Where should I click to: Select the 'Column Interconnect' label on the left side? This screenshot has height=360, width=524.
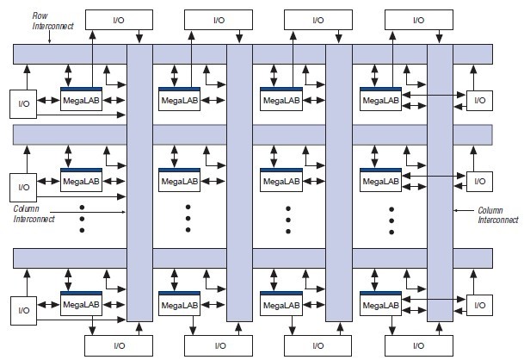[x=34, y=214]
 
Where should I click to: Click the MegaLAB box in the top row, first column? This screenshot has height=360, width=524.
[x=82, y=101]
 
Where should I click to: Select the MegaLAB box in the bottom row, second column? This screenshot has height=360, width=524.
[x=180, y=305]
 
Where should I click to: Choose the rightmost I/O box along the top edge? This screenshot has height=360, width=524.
[x=418, y=19]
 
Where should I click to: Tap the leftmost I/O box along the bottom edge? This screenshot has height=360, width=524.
[x=119, y=345]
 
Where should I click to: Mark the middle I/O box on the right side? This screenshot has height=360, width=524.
[x=480, y=181]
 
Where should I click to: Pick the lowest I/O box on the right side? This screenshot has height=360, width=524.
[x=480, y=305]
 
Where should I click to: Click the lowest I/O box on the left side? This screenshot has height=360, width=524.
[x=23, y=307]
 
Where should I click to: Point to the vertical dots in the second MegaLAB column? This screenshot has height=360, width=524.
[x=187, y=219]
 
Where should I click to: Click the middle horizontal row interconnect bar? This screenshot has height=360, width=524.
[x=253, y=134]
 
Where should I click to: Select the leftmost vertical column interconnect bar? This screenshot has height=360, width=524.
[x=139, y=181]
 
